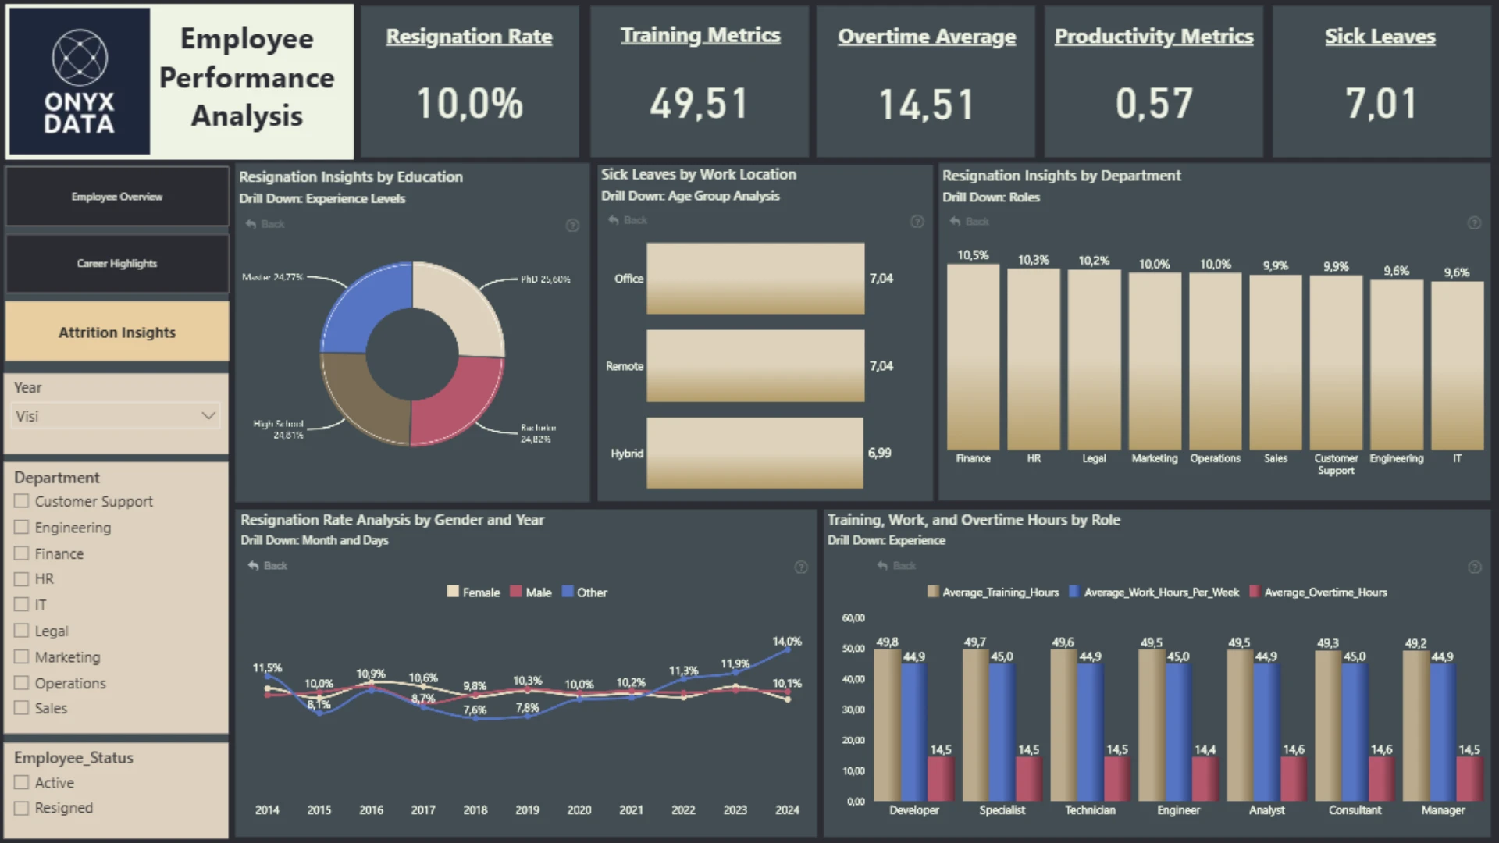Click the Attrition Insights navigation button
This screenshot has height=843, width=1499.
tap(117, 333)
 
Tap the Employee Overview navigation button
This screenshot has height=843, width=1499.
tap(117, 197)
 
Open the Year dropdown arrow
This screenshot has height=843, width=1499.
tap(208, 415)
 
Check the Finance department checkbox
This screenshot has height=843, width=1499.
tap(22, 553)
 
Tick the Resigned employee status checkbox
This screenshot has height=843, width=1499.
tap(22, 808)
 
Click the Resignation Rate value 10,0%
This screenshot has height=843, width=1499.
tap(469, 104)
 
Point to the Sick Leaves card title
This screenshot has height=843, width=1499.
tap(1380, 37)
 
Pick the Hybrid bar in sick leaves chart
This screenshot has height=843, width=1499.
tap(754, 453)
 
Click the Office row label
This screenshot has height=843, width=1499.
tap(628, 279)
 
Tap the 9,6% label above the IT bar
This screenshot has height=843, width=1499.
tap(1456, 272)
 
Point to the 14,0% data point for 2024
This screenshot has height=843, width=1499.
tap(788, 649)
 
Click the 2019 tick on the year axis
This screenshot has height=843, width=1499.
tap(527, 810)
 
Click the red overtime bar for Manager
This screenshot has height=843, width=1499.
tap(1469, 778)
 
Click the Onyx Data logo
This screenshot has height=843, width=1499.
tap(79, 81)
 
